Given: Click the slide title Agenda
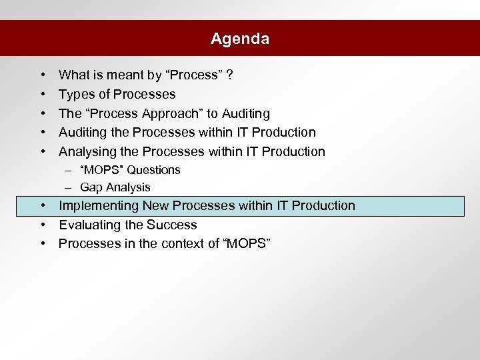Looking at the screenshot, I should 240,39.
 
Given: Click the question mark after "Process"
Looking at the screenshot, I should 229,75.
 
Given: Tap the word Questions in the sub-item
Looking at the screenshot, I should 154,170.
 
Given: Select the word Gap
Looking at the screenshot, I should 91,187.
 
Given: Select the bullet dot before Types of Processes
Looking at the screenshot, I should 42,94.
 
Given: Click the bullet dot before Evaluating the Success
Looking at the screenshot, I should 42,225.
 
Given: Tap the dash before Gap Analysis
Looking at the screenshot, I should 69,187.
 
